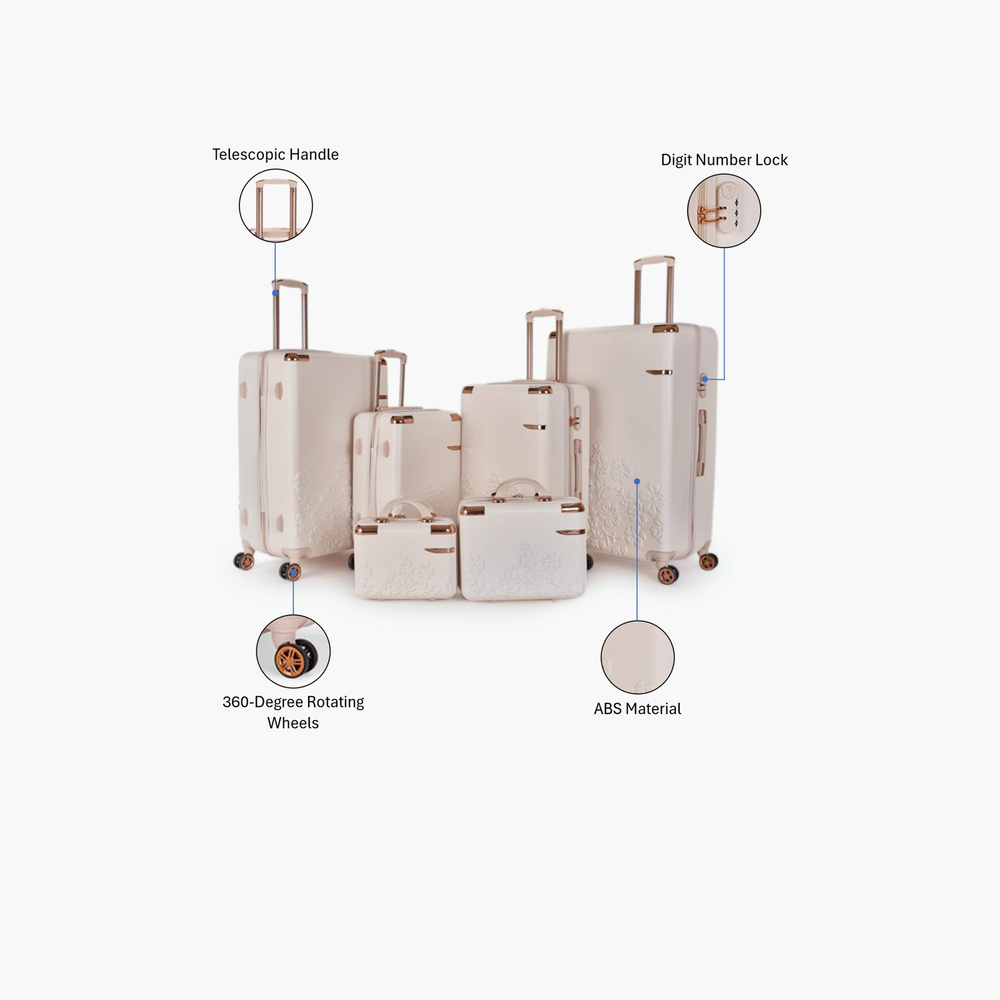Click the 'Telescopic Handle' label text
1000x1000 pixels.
(275, 154)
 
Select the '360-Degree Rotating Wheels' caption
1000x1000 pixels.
(293, 712)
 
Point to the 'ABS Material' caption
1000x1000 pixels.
(637, 709)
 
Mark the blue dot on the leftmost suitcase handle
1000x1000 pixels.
(275, 293)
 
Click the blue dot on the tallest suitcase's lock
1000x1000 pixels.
(704, 379)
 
